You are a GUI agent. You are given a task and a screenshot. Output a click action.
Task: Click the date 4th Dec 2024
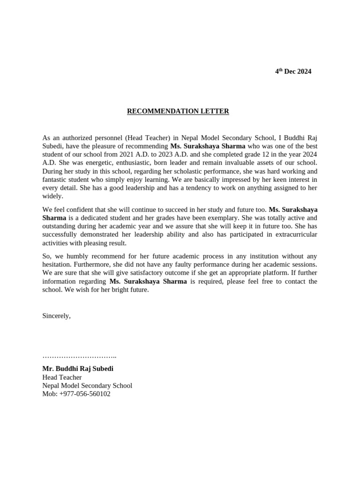[293, 71]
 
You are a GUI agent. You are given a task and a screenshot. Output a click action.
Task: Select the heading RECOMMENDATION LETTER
[178, 111]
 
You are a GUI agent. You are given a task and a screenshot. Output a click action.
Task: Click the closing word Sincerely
[56, 315]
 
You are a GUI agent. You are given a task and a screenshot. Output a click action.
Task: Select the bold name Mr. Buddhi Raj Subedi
[78, 368]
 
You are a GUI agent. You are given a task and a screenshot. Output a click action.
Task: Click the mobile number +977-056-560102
[85, 394]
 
